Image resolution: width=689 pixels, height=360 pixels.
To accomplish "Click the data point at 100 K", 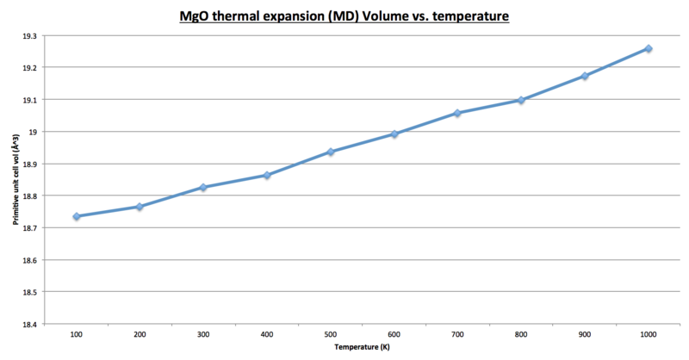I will click(x=77, y=216).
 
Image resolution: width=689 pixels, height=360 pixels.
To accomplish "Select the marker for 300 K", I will click(x=203, y=187).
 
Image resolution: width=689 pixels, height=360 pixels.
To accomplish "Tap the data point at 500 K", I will click(x=331, y=152).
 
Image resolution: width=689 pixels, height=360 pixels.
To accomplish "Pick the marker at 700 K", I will click(x=457, y=113).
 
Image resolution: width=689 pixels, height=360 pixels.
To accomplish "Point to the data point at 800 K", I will click(x=521, y=100).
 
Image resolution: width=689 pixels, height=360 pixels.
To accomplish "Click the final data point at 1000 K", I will click(x=649, y=48).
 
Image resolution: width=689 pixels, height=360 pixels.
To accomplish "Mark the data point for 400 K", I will click(x=267, y=175).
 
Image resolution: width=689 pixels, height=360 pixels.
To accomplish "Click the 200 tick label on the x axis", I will click(x=140, y=334).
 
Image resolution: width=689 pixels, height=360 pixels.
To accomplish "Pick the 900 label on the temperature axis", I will click(x=585, y=334).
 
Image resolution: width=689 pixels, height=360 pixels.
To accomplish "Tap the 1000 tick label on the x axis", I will click(x=649, y=334).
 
